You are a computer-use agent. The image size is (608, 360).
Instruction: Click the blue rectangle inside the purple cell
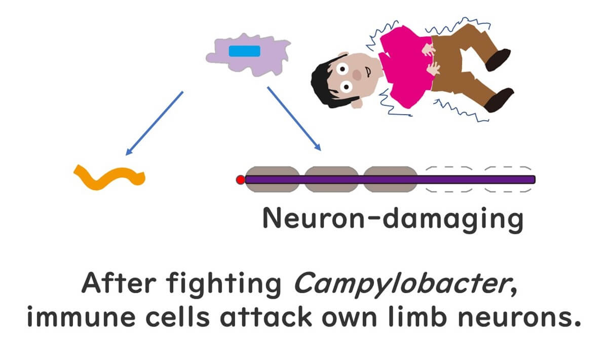(x=244, y=51)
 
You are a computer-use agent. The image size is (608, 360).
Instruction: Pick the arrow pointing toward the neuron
(x=294, y=119)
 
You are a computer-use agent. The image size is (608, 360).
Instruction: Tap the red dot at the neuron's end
(x=241, y=179)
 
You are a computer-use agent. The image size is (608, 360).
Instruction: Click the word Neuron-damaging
(x=392, y=219)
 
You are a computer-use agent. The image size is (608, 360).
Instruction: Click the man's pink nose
(x=357, y=76)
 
